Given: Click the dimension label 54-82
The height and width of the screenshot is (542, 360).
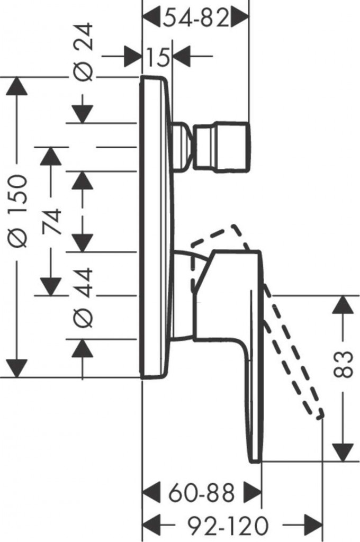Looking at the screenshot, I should (x=196, y=19).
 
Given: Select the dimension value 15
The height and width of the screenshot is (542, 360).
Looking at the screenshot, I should (x=158, y=56).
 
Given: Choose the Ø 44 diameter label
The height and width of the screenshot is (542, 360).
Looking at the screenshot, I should (x=83, y=296).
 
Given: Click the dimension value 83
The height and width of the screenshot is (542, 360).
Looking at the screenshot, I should (x=344, y=364).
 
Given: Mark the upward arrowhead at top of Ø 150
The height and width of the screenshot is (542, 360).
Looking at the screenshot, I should (x=18, y=86).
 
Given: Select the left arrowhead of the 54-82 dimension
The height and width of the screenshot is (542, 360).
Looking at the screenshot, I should (x=152, y=19).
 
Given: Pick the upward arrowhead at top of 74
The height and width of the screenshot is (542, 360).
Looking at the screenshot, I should (x=51, y=156).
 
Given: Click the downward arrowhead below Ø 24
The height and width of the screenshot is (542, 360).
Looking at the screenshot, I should (x=83, y=114).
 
